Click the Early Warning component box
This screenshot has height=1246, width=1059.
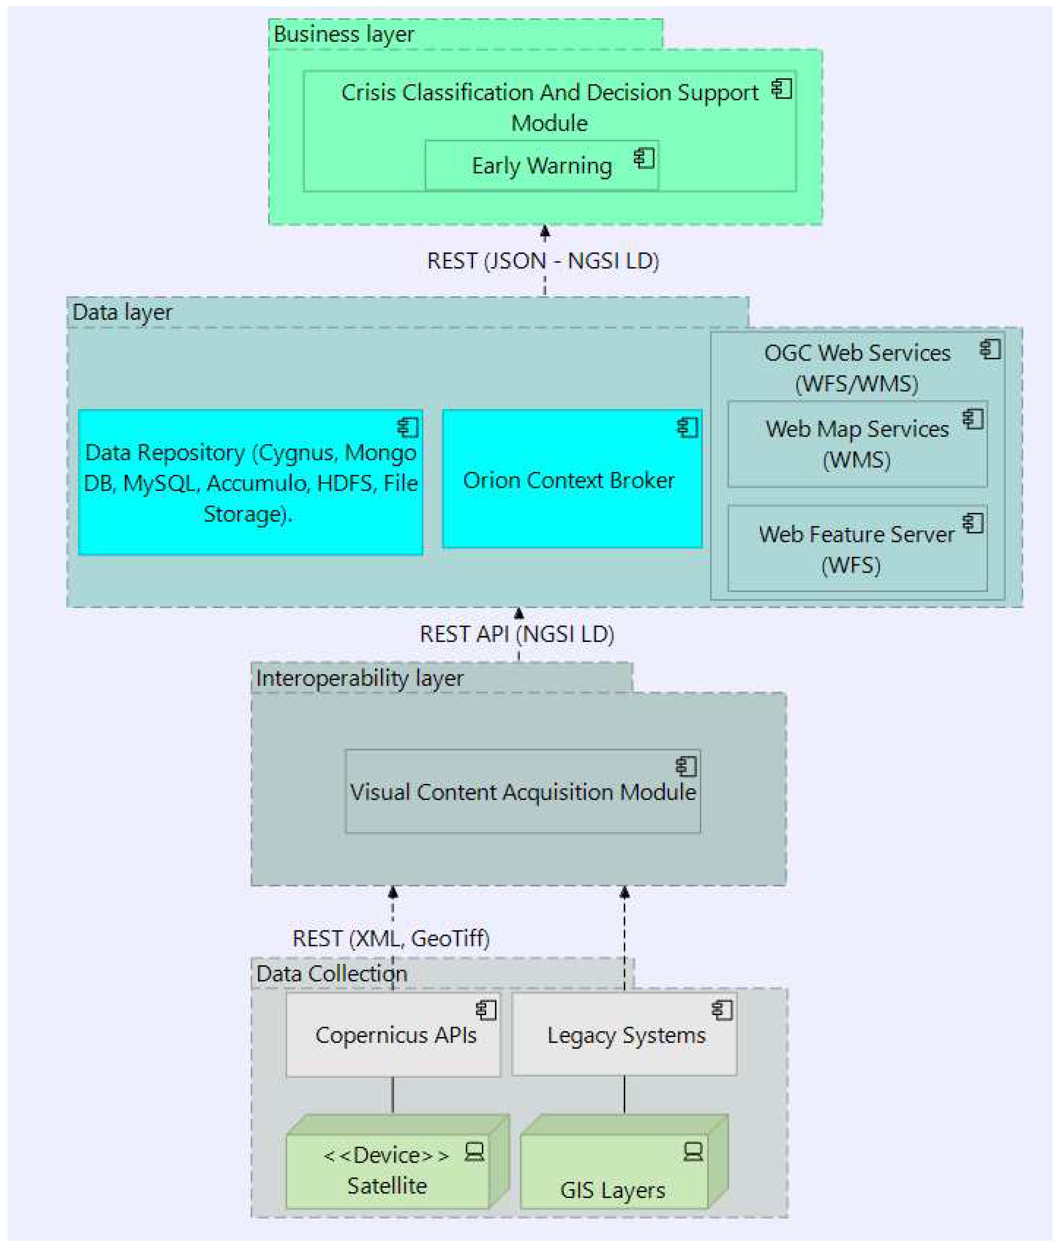click(541, 166)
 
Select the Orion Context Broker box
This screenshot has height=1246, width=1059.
click(571, 479)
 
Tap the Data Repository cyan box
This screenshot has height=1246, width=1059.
click(250, 482)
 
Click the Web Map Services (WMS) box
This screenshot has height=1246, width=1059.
click(857, 444)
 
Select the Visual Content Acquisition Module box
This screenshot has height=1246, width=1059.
click(522, 792)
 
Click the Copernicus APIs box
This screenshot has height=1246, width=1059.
click(393, 1034)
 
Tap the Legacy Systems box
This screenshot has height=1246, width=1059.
click(624, 1034)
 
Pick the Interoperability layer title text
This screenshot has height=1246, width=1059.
click(360, 678)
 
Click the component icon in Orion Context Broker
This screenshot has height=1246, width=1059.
click(687, 428)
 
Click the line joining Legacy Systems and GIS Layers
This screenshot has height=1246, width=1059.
click(624, 1094)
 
